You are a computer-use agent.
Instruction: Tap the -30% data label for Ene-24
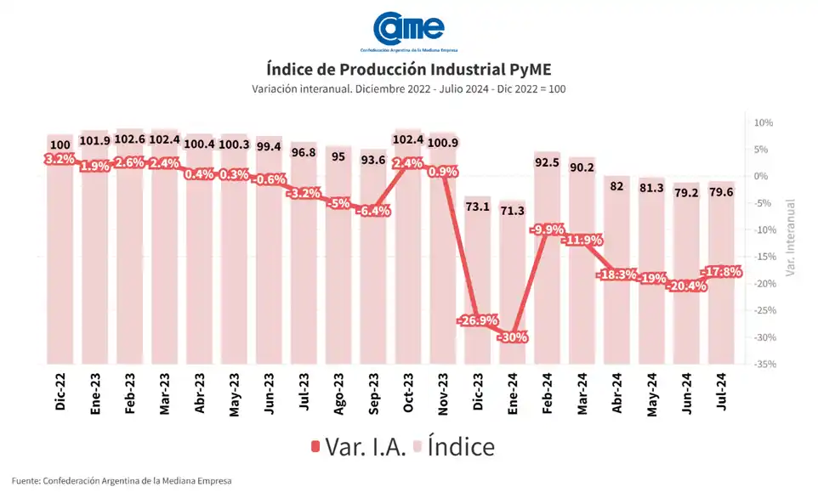(514, 337)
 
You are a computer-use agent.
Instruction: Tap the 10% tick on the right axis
(763, 123)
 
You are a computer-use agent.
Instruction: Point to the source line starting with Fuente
(122, 481)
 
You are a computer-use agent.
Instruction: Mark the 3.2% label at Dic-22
(60, 159)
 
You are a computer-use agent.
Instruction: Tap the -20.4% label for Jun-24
(687, 286)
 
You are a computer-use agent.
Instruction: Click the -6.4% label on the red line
(374, 210)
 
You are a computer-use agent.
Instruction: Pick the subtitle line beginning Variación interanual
(408, 89)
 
